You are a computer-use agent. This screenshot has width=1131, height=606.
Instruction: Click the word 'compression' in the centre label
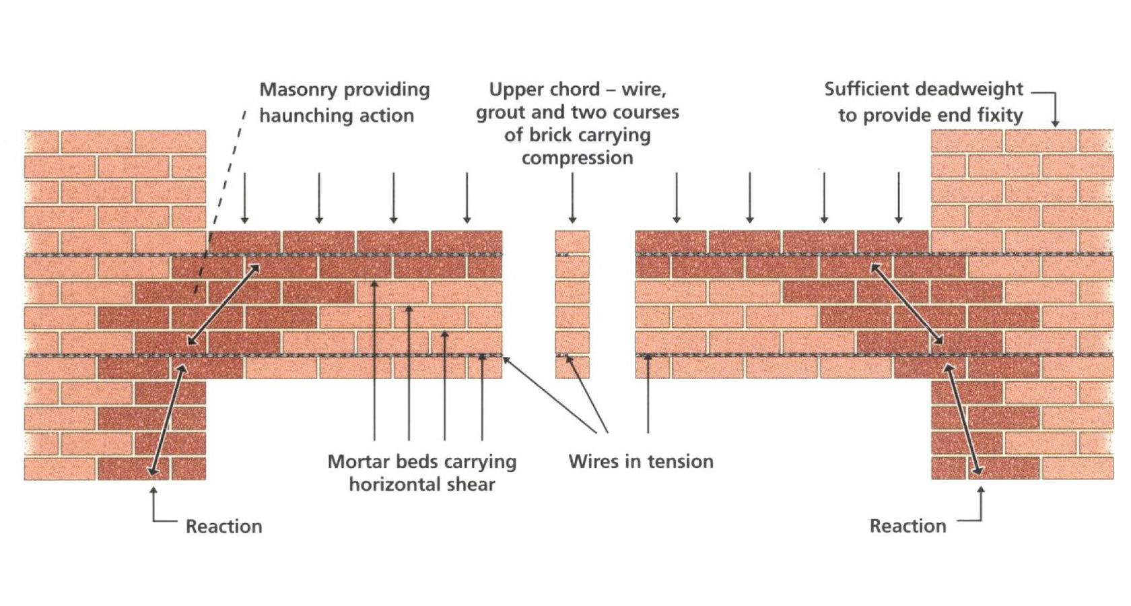(x=577, y=158)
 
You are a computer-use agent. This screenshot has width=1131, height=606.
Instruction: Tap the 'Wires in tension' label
(x=640, y=461)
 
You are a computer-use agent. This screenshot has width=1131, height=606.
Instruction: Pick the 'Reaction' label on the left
(x=224, y=526)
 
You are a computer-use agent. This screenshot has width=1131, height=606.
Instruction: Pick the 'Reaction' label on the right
(x=907, y=526)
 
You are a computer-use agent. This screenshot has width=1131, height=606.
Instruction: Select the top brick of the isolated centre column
(x=572, y=242)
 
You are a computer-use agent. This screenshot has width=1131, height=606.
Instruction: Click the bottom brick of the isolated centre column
(x=572, y=367)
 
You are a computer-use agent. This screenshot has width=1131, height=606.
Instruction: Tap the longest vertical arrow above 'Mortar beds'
(x=374, y=360)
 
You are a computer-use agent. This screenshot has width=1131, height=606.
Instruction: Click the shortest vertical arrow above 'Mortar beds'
(x=482, y=397)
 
